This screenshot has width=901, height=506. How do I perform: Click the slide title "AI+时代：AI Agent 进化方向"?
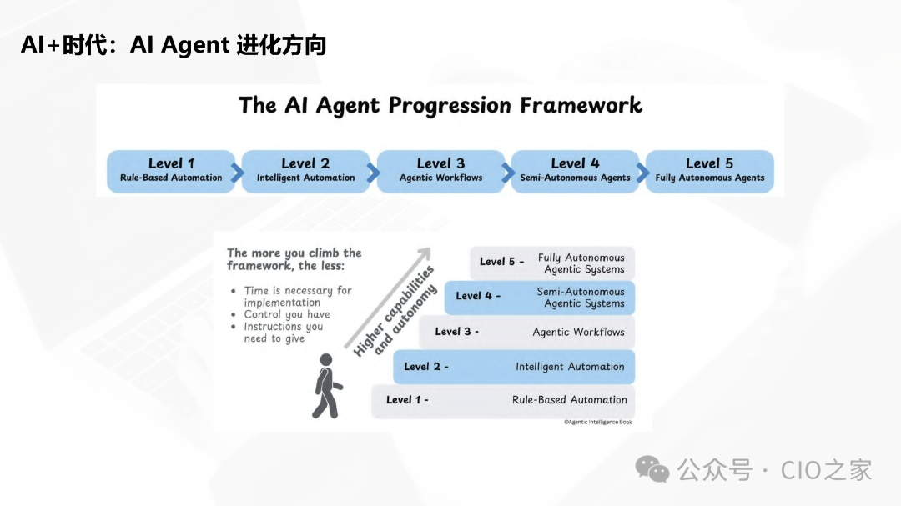click(174, 46)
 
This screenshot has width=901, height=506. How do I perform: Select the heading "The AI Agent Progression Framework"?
click(440, 106)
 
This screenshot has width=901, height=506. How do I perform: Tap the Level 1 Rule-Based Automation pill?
click(172, 170)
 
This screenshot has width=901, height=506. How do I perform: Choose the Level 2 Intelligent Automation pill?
click(305, 170)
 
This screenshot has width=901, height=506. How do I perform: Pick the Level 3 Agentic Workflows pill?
click(440, 170)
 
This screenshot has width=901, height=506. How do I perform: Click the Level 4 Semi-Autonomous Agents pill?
click(575, 170)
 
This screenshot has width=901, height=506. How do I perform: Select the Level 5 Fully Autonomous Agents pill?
click(710, 170)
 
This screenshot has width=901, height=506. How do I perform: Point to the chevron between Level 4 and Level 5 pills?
click(642, 173)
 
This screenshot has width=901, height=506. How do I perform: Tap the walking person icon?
click(326, 385)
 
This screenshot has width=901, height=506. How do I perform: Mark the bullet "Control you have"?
click(286, 315)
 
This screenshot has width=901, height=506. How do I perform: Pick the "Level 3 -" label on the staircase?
click(456, 332)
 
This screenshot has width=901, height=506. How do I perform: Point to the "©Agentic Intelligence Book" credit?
click(597, 423)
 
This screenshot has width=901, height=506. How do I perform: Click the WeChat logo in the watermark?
click(652, 469)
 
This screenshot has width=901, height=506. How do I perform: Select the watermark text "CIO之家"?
click(826, 470)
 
